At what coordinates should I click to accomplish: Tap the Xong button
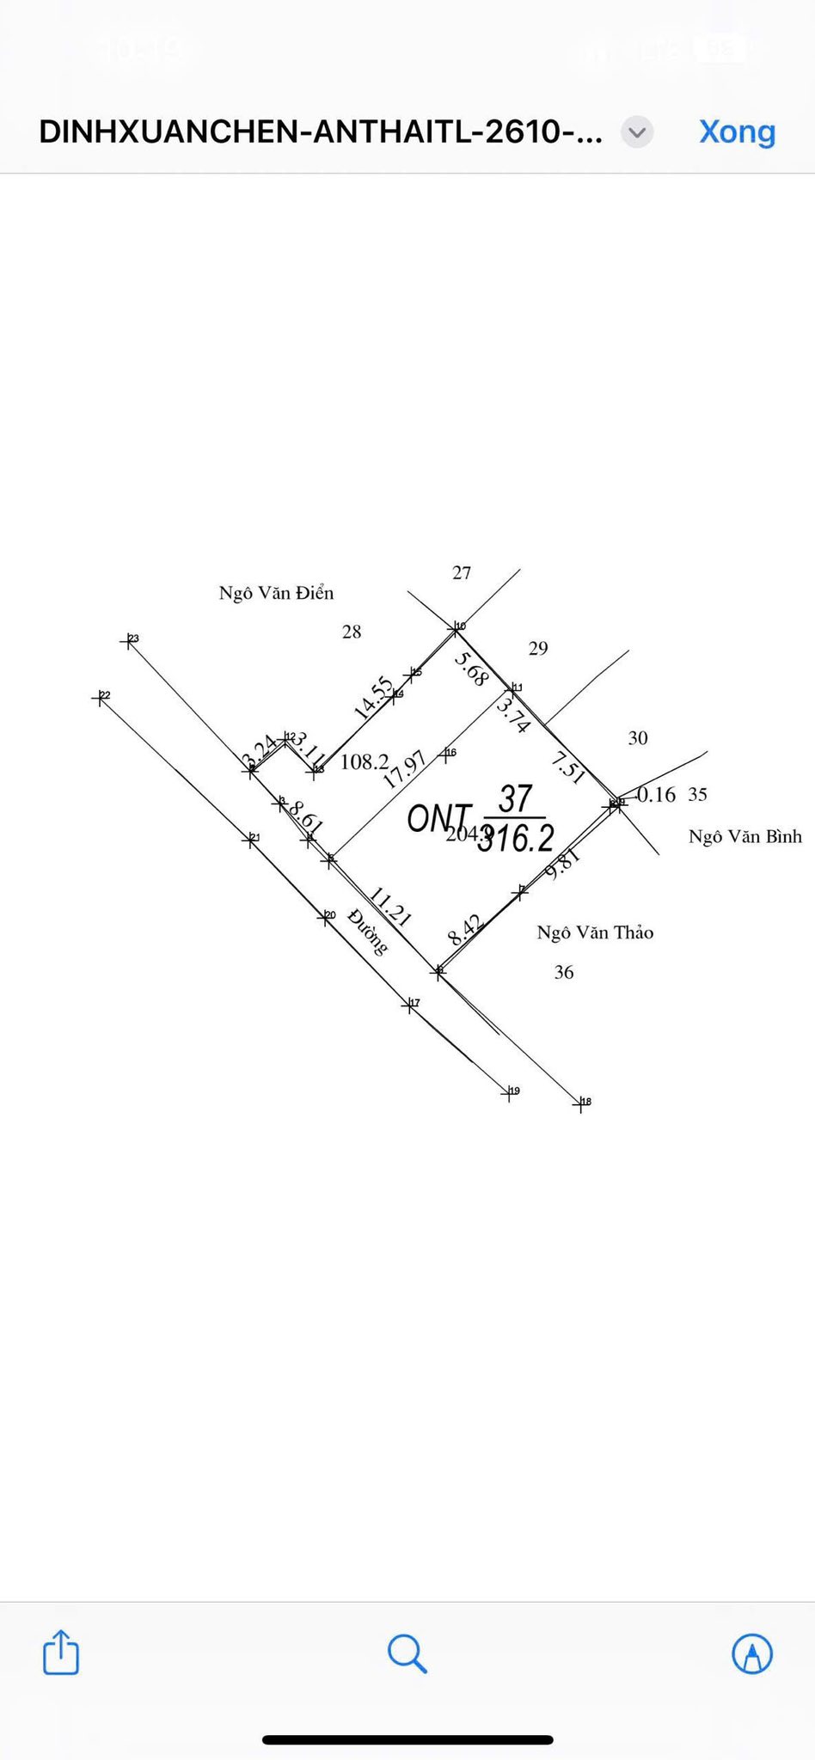[x=737, y=131]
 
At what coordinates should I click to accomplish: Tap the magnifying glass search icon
[x=407, y=1653]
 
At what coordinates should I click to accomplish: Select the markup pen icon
[x=751, y=1653]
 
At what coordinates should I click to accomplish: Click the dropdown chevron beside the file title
[x=637, y=132]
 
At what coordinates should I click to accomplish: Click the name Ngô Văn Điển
[x=276, y=593]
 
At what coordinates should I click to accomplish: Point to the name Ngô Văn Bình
[x=745, y=836]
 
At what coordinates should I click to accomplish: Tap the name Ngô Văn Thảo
[x=595, y=932]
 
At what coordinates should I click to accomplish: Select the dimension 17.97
[x=404, y=770]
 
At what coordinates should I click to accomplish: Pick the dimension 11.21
[x=390, y=907]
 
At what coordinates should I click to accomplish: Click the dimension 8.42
[x=465, y=931]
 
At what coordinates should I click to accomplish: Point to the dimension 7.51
[x=568, y=767]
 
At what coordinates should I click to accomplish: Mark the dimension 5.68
[x=471, y=669]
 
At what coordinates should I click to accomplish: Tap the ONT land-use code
[x=438, y=818]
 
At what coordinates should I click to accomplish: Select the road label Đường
[x=368, y=932]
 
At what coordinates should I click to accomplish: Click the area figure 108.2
[x=365, y=761]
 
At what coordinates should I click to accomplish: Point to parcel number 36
[x=563, y=972]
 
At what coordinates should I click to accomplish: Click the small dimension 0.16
[x=656, y=795]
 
